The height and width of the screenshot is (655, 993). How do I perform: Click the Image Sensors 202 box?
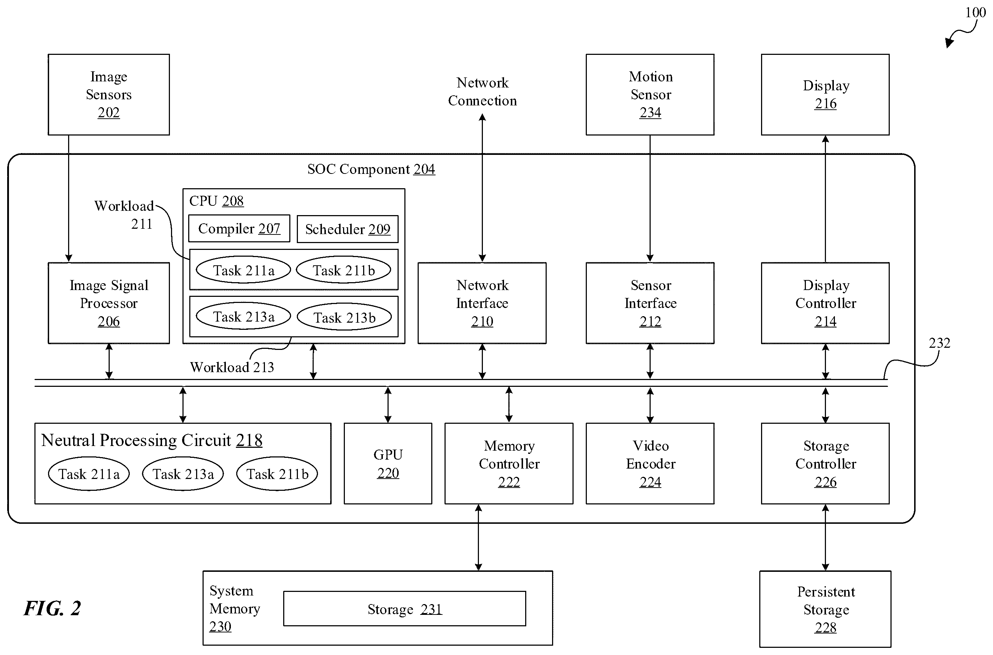point(109,94)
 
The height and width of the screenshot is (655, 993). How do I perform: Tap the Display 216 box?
point(825,94)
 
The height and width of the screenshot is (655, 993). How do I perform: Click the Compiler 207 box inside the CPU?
point(239,228)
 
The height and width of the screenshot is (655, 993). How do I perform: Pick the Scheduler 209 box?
point(347,229)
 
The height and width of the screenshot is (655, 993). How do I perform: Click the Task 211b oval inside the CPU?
point(344,270)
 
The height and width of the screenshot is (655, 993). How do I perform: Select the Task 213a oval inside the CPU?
point(243,316)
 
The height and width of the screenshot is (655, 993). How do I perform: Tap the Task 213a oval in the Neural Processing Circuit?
point(183,474)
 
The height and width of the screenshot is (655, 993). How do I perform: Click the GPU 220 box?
point(388,464)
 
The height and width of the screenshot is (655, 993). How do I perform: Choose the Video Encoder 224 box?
point(650,464)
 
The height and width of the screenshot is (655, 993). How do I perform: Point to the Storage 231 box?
point(405,609)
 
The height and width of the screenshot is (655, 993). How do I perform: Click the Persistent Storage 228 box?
point(825,609)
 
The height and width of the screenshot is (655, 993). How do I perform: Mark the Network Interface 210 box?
point(482,303)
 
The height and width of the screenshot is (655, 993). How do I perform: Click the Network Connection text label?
point(482,91)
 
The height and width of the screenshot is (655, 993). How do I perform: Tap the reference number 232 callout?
point(939,343)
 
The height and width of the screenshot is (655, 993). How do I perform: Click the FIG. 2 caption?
point(52,608)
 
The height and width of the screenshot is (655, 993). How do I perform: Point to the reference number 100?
point(975,13)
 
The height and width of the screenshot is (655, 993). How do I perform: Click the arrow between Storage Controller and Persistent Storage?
point(825,538)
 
